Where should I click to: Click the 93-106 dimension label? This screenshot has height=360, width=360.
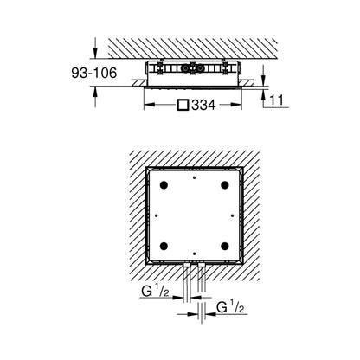94,73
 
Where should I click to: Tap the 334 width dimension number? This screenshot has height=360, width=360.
203,106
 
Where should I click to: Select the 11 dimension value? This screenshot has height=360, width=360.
277,100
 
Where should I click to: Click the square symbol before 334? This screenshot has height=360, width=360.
183,105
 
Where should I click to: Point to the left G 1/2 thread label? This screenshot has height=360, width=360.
155,292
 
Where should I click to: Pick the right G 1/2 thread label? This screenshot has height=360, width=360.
230,308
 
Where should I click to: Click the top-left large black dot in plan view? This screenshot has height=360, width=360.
164,185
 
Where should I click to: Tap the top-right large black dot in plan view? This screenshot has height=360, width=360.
225,185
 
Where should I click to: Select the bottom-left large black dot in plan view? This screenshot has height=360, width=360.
164,246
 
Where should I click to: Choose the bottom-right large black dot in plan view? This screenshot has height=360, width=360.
225,246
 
